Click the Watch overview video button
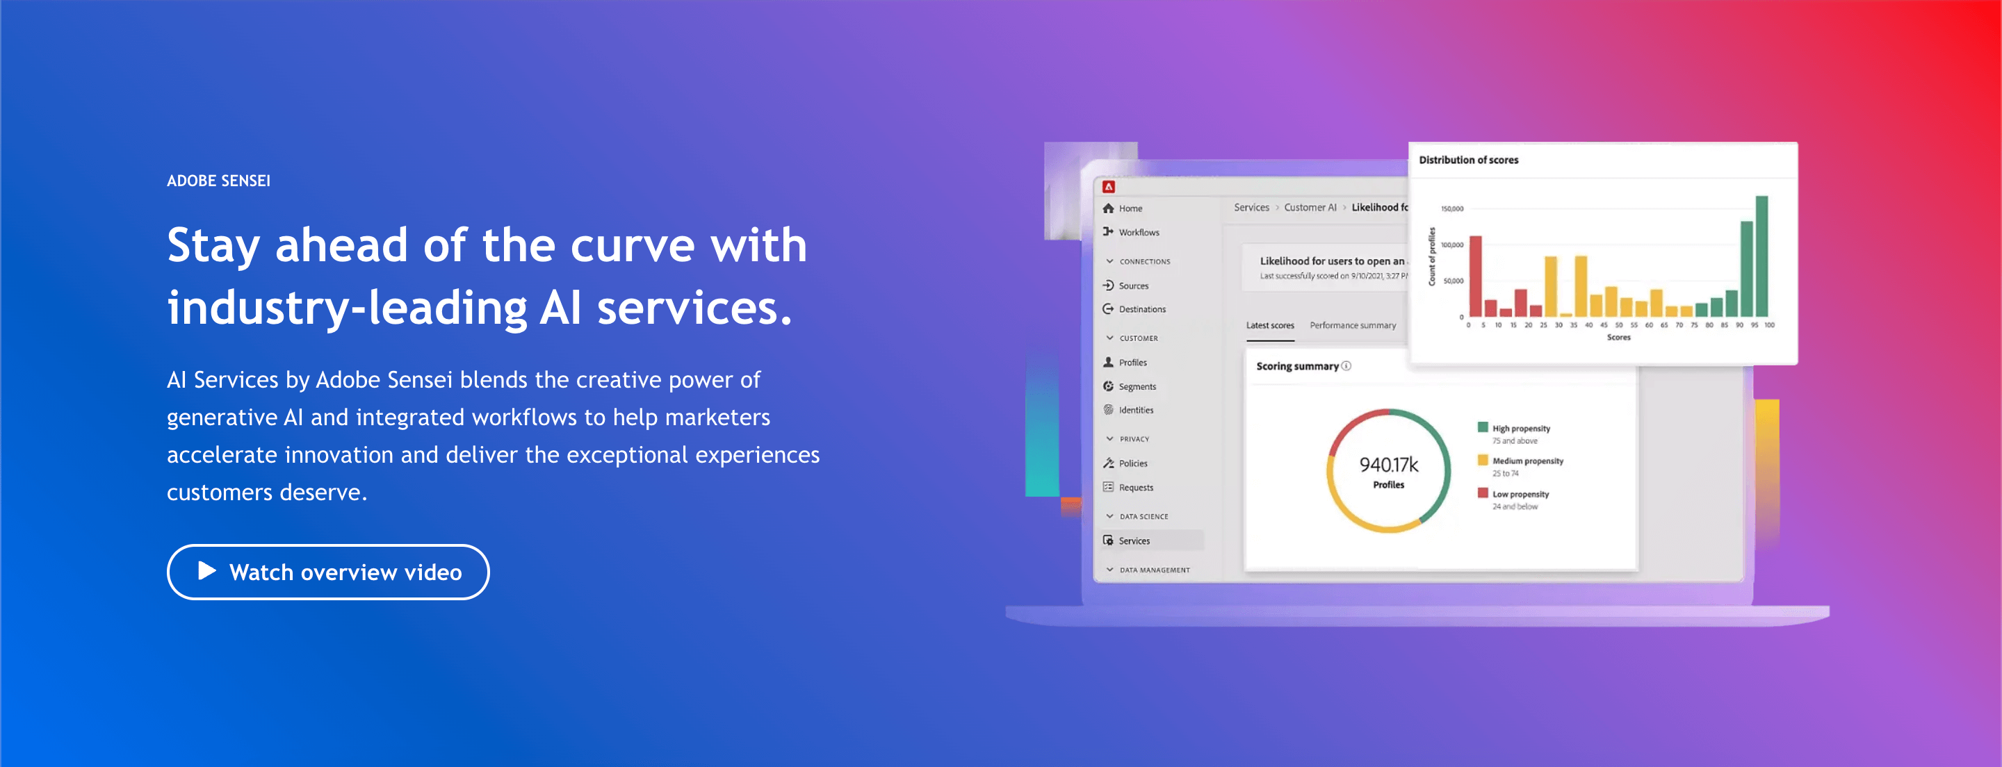pyautogui.click(x=328, y=572)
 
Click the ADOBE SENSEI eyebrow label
pyautogui.click(x=218, y=181)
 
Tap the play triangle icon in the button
pyautogui.click(x=206, y=571)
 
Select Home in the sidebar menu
pyautogui.click(x=1130, y=208)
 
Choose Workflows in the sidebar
pyautogui.click(x=1139, y=232)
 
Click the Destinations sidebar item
pyautogui.click(x=1141, y=309)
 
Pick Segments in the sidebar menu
pyautogui.click(x=1137, y=386)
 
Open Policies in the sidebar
pyautogui.click(x=1132, y=463)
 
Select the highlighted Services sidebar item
pyautogui.click(x=1134, y=541)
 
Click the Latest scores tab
pyautogui.click(x=1270, y=326)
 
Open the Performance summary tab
pyautogui.click(x=1352, y=326)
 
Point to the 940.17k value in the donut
pyautogui.click(x=1388, y=465)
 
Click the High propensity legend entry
pyautogui.click(x=1520, y=428)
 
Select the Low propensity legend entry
pyautogui.click(x=1520, y=494)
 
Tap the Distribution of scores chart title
pyautogui.click(x=1468, y=160)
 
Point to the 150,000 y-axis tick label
pyautogui.click(x=1451, y=209)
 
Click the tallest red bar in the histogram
pyautogui.click(x=1475, y=276)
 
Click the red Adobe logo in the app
pyautogui.click(x=1109, y=186)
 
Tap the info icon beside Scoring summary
pyautogui.click(x=1346, y=366)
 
